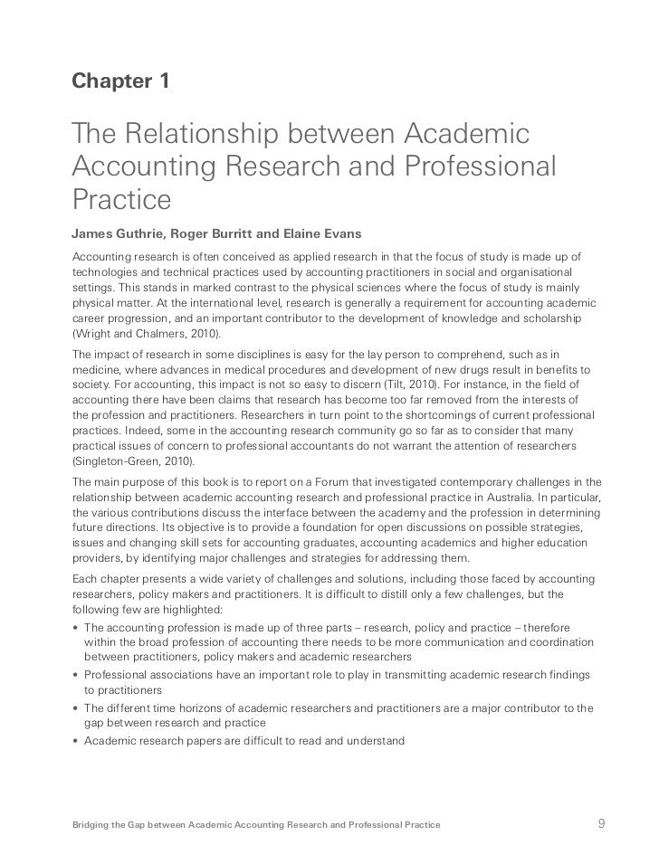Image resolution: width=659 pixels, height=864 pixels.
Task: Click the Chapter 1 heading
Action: (119, 82)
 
